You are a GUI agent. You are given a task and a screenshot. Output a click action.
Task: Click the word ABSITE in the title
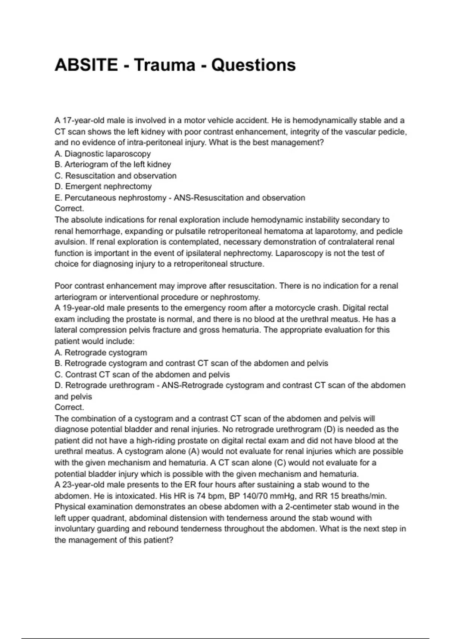click(86, 65)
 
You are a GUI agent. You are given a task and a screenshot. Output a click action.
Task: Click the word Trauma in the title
click(165, 65)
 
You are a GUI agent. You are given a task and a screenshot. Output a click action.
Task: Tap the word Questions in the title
click(253, 65)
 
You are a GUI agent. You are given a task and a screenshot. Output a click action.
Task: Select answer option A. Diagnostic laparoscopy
click(103, 154)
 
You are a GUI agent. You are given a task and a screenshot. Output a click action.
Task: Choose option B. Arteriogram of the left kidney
click(113, 165)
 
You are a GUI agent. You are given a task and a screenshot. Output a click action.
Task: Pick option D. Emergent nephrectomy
click(103, 187)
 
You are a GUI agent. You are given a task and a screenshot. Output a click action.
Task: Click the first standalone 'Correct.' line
click(69, 209)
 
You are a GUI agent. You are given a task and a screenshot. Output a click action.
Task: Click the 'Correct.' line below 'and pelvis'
click(69, 407)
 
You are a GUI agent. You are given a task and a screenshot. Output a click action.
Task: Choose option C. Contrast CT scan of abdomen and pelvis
click(142, 375)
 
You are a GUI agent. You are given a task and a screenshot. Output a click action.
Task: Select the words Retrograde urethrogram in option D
click(110, 386)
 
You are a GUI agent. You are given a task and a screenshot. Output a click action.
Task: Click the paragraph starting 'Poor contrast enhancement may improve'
click(225, 292)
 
